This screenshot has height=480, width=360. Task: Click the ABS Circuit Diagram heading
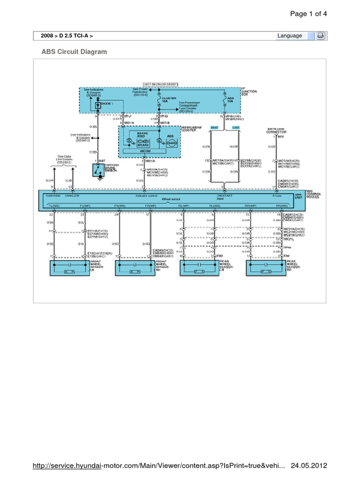click(75, 52)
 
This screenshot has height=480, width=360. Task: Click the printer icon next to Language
click(321, 36)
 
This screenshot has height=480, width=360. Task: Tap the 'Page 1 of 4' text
click(308, 14)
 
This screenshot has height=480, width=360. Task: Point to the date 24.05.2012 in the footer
click(309, 466)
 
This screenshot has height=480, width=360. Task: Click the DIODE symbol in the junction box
click(98, 105)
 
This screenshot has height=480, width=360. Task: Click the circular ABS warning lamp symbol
click(172, 142)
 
